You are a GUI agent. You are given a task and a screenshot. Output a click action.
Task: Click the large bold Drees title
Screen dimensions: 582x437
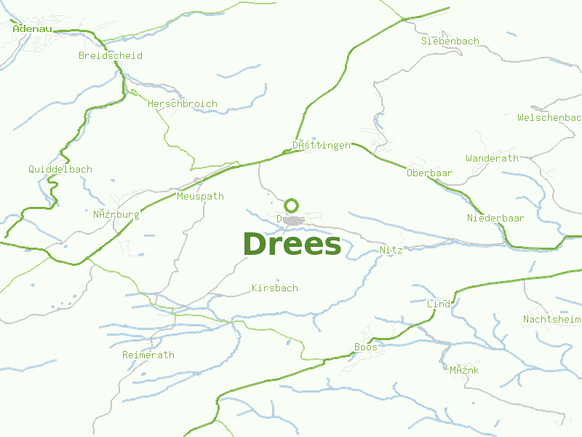pos(292,244)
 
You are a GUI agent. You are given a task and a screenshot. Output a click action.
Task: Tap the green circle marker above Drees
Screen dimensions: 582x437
pos(292,205)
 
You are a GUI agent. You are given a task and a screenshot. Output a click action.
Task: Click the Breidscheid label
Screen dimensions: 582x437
pos(111,55)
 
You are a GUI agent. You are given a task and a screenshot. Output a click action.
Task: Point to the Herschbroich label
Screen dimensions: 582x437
pos(182,103)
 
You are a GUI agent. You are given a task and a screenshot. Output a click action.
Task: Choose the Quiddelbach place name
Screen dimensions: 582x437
pos(60,169)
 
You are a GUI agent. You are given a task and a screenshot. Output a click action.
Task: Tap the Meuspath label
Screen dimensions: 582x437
pos(200,196)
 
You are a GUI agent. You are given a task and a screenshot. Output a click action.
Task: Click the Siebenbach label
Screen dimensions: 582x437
pos(450,41)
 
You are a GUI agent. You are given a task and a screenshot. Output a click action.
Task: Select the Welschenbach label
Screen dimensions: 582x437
pos(549,117)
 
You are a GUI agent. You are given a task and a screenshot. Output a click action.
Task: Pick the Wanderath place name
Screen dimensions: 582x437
pos(492,157)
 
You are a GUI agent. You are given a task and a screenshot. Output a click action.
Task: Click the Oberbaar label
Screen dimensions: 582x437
pos(429,173)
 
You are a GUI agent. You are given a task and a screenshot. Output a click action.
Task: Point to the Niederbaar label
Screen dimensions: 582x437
pos(495,218)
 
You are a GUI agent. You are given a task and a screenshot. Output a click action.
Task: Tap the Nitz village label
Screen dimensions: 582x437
pos(391,249)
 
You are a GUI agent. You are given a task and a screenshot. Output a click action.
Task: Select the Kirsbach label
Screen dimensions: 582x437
pos(274,288)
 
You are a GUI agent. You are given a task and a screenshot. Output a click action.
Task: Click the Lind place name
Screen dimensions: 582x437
pos(439,303)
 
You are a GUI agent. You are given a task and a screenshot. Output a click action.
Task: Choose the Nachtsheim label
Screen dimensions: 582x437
pos(551,319)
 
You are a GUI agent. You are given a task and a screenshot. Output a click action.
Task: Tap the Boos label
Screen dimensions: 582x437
pos(365,347)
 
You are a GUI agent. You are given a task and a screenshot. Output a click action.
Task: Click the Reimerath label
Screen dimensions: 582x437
pos(148,355)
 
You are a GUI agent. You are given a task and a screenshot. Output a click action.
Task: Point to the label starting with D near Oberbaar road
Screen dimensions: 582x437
pos(321,145)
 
